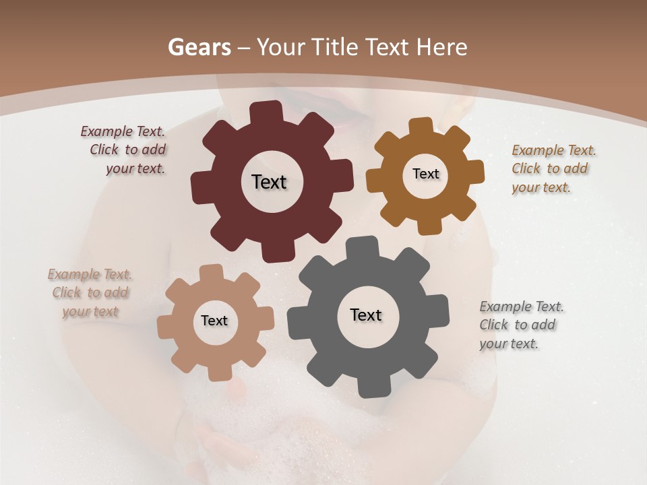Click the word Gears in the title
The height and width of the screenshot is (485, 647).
pos(199,47)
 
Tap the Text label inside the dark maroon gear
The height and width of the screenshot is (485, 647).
pos(269,182)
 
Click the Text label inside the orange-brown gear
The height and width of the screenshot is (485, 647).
pos(425,174)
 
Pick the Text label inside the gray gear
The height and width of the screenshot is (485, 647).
pos(366,315)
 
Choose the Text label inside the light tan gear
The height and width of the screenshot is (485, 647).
pos(214,321)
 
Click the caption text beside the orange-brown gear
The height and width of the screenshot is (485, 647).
pos(553,168)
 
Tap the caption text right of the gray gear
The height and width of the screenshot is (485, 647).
pos(521,325)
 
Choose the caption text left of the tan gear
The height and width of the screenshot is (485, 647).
pos(90,292)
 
